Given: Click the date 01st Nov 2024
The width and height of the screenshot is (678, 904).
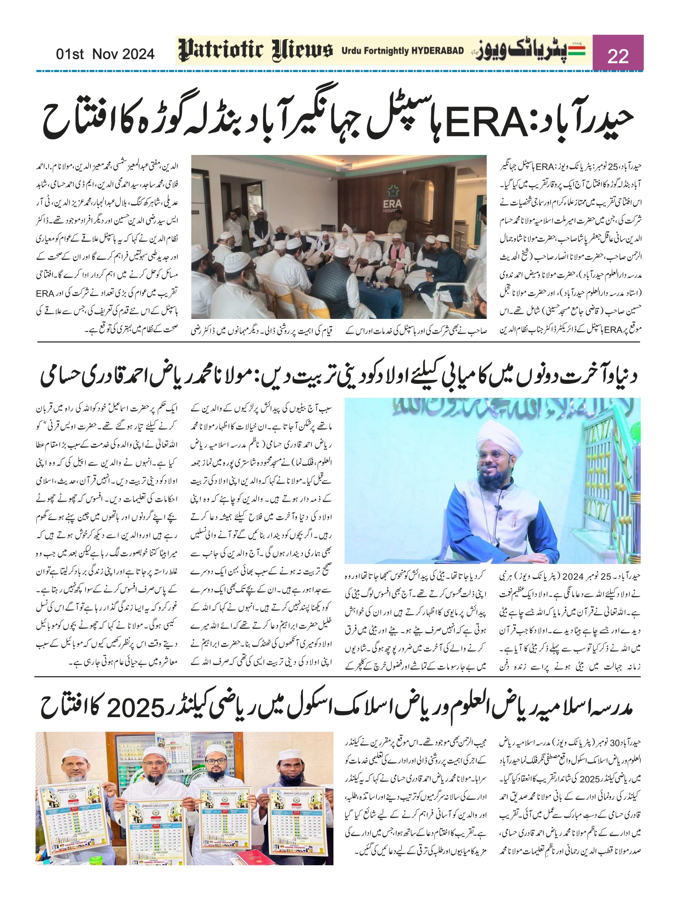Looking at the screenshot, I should tap(105, 54).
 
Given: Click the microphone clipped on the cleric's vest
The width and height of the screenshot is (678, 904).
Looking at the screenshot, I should tap(498, 508).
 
